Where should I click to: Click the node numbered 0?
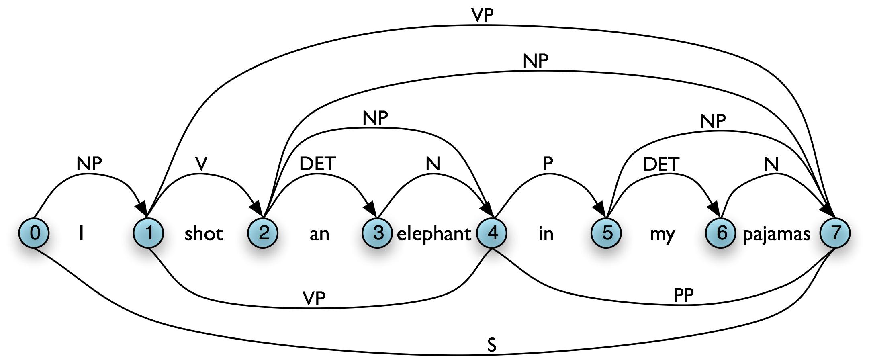(x=34, y=233)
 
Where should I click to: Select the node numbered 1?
(x=149, y=233)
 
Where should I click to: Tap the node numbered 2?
(x=263, y=233)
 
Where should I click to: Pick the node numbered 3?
(x=378, y=233)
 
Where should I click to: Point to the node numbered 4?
(x=492, y=233)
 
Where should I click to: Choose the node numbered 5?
(x=607, y=233)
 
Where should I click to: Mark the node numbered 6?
(x=721, y=233)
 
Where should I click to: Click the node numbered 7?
(x=835, y=233)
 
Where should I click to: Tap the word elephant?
(x=434, y=234)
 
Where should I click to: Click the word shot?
(x=204, y=234)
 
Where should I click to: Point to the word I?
(x=82, y=233)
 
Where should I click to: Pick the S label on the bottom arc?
(x=492, y=345)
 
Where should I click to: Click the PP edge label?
(x=683, y=296)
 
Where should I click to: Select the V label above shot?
(x=201, y=164)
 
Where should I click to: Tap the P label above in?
(x=548, y=164)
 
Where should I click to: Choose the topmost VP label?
(x=483, y=15)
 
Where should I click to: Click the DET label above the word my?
(x=661, y=164)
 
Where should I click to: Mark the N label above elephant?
(x=433, y=164)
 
